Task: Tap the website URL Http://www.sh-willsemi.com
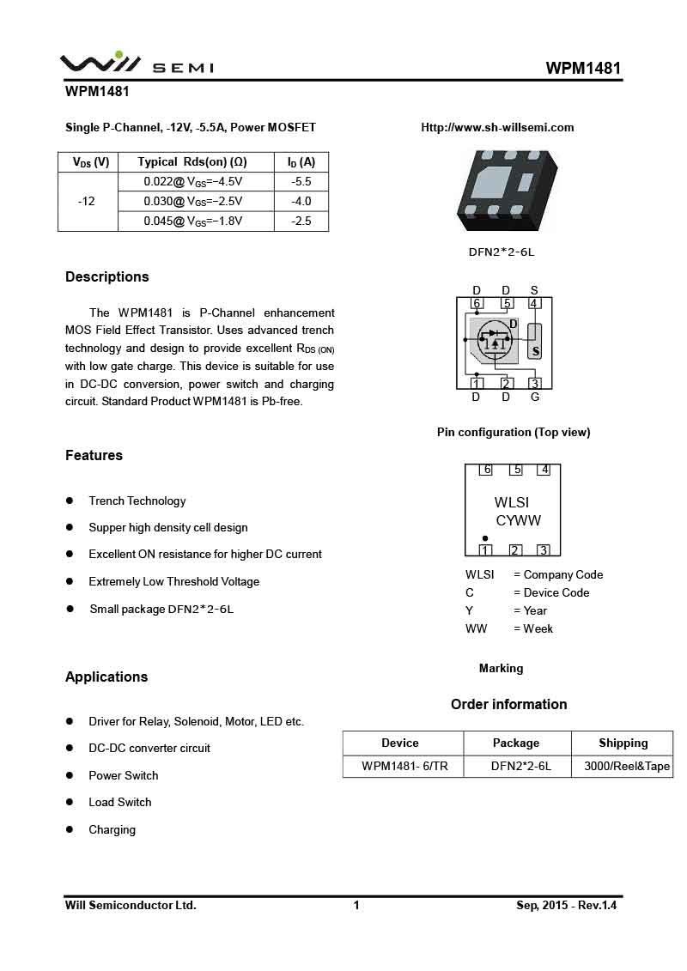497,127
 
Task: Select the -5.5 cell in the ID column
301,182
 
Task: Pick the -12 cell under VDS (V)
86,202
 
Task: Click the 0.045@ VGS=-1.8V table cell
193,222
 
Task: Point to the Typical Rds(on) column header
193,161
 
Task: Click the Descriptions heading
107,276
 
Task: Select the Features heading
94,455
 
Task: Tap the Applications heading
106,677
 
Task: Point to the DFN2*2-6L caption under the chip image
502,252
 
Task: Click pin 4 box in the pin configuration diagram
534,303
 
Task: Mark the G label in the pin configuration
535,397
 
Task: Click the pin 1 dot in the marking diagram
485,538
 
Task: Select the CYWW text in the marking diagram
518,520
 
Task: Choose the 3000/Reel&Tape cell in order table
627,766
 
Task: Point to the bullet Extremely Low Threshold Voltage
173,581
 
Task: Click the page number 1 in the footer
356,905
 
